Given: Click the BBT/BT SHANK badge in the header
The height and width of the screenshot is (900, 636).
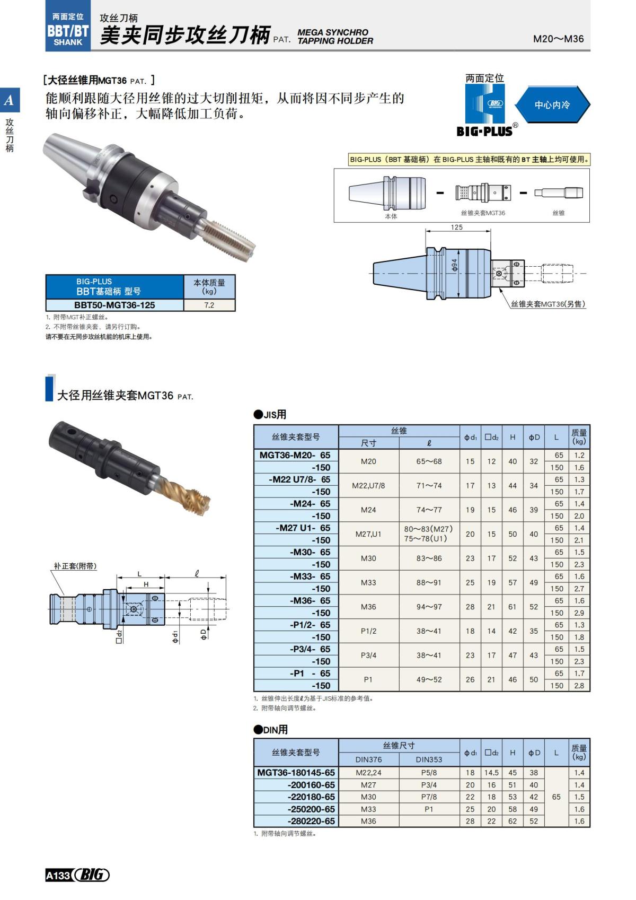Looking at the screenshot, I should coord(68,31).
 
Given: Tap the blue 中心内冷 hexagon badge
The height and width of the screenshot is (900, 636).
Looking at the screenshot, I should coord(552,104).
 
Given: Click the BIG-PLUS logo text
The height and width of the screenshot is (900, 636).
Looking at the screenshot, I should coord(484,131).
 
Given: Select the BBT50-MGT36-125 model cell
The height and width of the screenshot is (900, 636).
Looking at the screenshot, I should coord(114,305).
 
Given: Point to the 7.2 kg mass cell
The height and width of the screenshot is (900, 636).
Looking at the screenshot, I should coord(209,305).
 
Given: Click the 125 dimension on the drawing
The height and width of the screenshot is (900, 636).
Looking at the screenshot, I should coord(456,227).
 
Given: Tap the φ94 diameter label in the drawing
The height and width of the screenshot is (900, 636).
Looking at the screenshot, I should coord(454,265).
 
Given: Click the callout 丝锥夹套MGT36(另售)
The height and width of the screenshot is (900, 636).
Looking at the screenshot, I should coord(548,304).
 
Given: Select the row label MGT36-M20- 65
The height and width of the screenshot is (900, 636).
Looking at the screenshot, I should coord(295,455).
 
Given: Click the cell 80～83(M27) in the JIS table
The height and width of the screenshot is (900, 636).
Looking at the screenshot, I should coord(428,529).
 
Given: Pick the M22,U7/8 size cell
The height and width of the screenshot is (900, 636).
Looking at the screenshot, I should coord(368,485).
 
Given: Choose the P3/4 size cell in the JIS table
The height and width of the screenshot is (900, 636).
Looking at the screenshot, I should coord(368,655).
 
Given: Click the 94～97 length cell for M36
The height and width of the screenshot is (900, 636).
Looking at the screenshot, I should coord(428,607).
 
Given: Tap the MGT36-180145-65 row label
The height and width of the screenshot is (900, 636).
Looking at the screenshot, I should coord(296,773).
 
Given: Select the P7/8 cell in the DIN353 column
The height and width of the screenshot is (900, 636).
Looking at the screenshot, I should coord(428,797).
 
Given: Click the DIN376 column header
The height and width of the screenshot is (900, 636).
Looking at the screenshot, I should coord(368,759).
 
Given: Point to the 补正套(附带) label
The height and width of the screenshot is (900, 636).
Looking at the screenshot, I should coord(75,566).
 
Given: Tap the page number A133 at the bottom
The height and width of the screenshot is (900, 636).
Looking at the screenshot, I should coord(58,875).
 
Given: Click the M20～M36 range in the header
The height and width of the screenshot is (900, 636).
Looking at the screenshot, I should coord(558,39).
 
